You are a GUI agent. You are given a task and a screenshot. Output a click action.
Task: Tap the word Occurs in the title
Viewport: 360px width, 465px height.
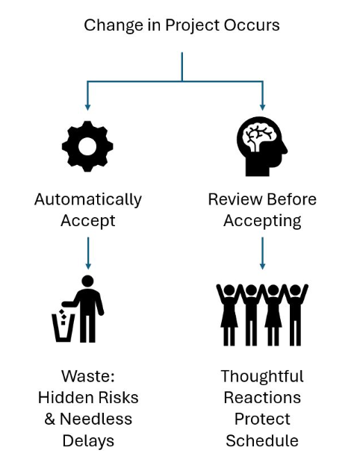tap(253, 25)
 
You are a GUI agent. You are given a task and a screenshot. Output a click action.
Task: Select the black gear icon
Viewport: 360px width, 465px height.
tap(87, 146)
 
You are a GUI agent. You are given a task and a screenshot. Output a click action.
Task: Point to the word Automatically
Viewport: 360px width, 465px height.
tap(88, 200)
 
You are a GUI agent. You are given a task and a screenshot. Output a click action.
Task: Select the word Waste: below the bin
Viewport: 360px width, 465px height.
tap(88, 375)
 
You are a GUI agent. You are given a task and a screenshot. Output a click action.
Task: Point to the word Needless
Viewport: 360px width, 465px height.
tap(100, 419)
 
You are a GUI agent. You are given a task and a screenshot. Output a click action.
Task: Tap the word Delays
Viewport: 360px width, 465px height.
tap(88, 440)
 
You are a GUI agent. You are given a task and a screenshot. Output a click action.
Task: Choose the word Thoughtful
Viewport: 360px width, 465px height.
tap(262, 375)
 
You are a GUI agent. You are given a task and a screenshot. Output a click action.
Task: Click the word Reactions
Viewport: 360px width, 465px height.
tap(262, 397)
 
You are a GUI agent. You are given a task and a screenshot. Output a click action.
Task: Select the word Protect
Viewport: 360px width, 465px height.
tap(262, 419)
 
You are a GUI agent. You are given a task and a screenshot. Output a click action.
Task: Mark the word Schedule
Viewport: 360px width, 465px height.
tap(262, 440)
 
